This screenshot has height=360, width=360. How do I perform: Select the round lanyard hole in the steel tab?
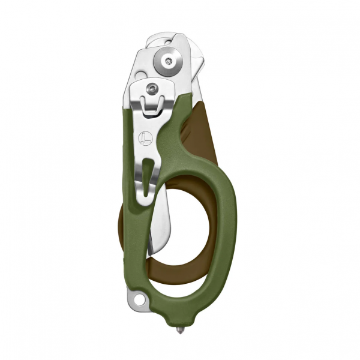(140, 298)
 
